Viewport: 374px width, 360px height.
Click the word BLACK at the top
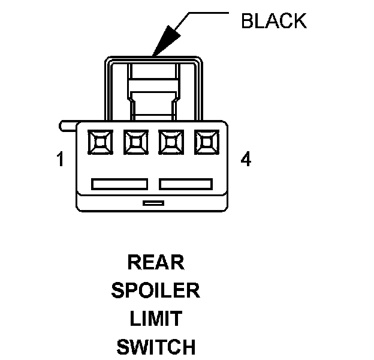[273, 21]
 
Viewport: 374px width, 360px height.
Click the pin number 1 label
[60, 160]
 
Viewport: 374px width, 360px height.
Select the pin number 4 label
[246, 160]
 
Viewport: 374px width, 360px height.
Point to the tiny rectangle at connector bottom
[153, 203]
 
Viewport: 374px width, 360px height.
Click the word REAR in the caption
[155, 263]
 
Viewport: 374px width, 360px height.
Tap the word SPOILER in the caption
[155, 291]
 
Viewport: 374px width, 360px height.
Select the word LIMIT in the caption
[155, 319]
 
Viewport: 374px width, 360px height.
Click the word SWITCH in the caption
[155, 347]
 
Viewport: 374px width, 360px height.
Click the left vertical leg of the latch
[110, 90]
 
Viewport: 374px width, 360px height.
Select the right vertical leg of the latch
[198, 90]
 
